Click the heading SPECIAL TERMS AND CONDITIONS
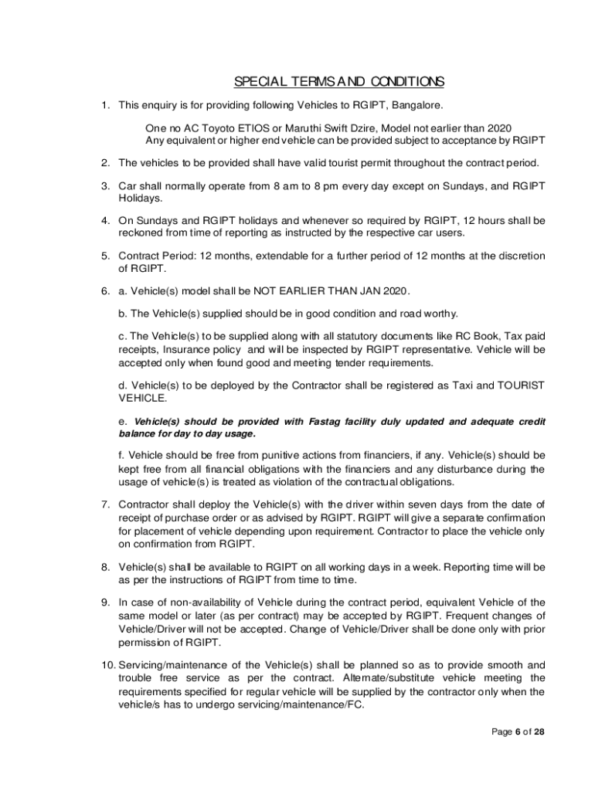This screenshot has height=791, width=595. pyautogui.click(x=339, y=82)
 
